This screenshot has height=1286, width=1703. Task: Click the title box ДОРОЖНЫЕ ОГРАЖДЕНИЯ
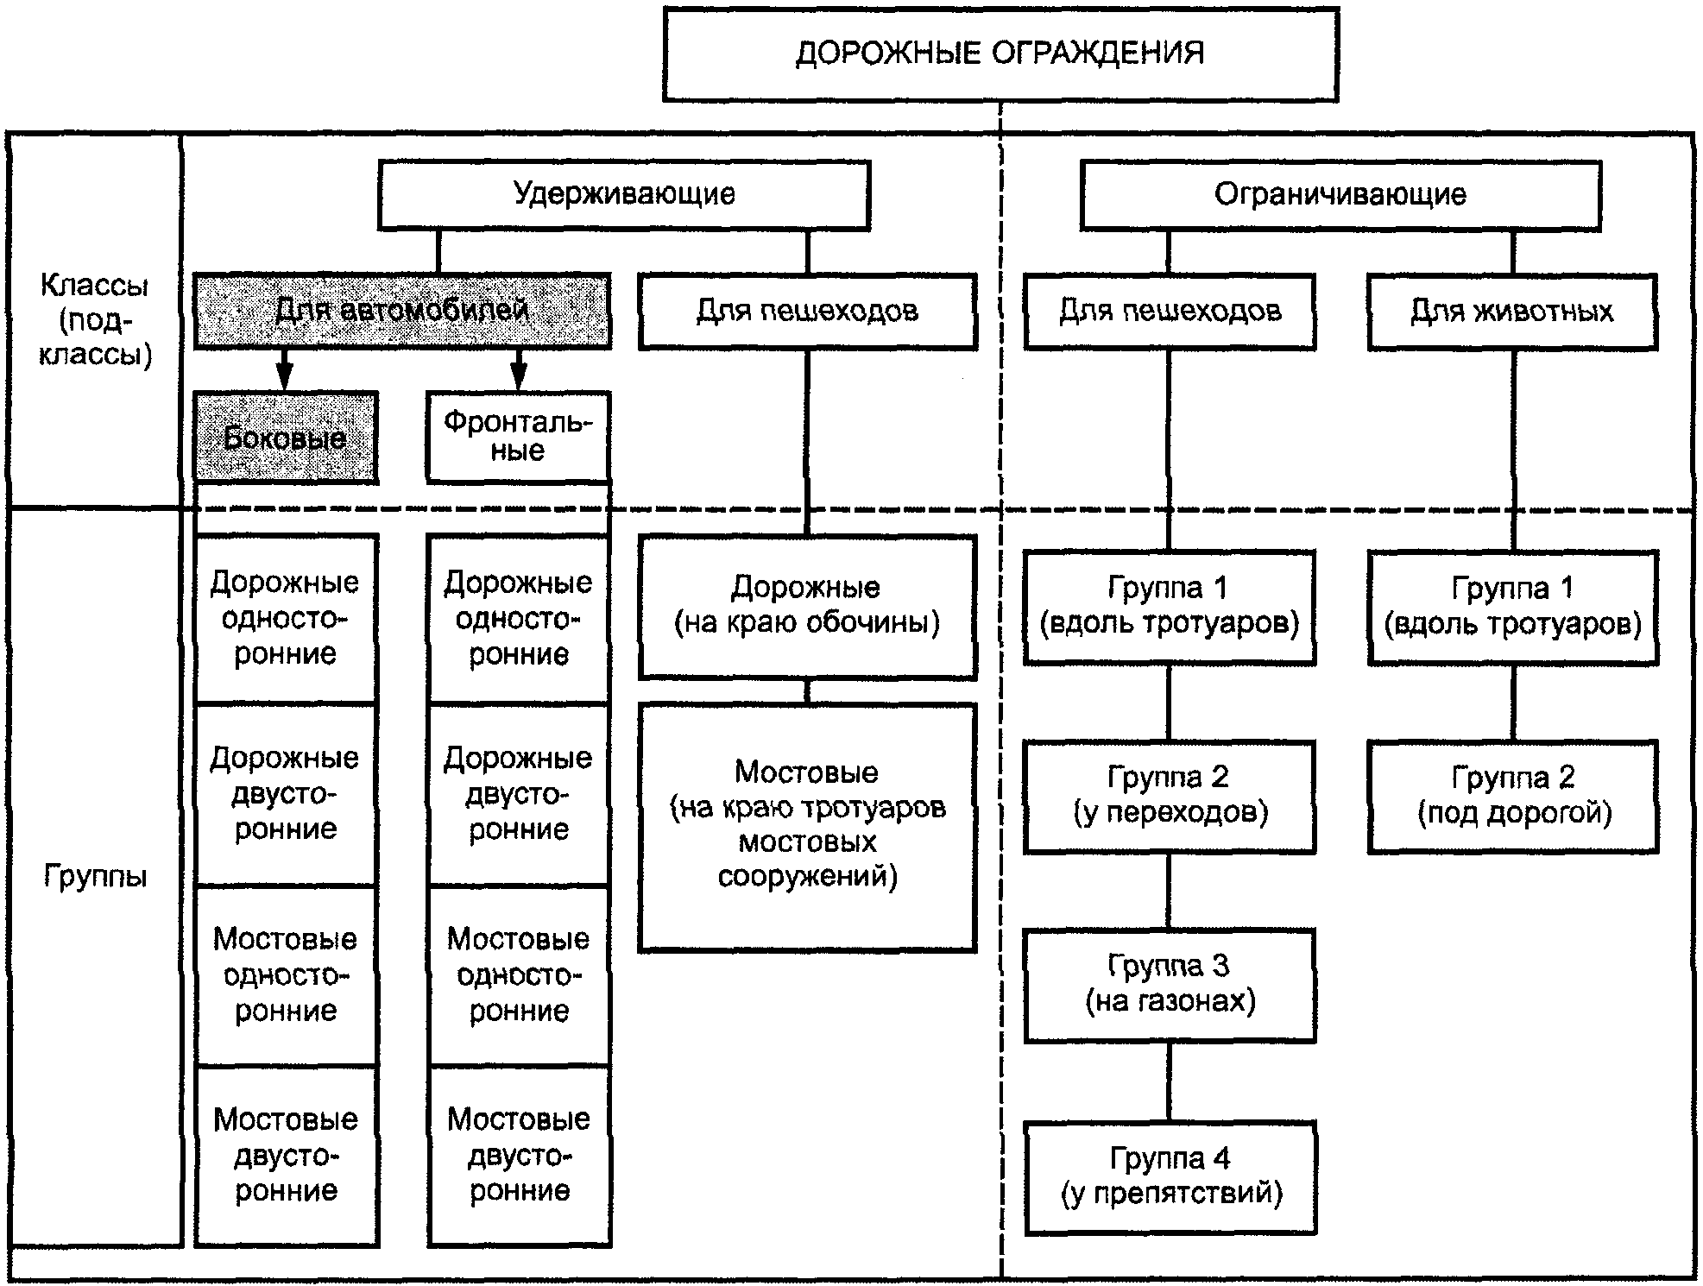tap(1000, 54)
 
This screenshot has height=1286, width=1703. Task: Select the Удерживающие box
tap(623, 194)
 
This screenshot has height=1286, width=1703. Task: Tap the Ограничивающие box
tap(1340, 195)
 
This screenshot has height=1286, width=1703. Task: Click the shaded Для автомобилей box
tap(402, 311)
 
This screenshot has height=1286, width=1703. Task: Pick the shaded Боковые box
tap(286, 438)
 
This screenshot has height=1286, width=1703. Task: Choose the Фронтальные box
tap(519, 437)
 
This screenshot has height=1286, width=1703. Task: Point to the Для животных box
tap(1511, 312)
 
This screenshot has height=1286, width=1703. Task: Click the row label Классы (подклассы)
tap(94, 320)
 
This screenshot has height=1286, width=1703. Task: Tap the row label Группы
tap(95, 877)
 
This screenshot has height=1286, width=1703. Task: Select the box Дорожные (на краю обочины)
tap(807, 606)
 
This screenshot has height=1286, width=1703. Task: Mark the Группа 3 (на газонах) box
tap(1170, 985)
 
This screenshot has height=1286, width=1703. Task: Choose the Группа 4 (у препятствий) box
tap(1170, 1176)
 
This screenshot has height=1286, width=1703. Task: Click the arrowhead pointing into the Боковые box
tap(284, 378)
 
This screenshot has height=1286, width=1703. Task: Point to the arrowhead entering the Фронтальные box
tap(518, 378)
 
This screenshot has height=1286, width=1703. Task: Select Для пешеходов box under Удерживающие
tap(807, 312)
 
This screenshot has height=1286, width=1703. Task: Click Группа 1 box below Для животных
tap(1512, 607)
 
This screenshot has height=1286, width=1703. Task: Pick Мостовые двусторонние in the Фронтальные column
tap(519, 1156)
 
